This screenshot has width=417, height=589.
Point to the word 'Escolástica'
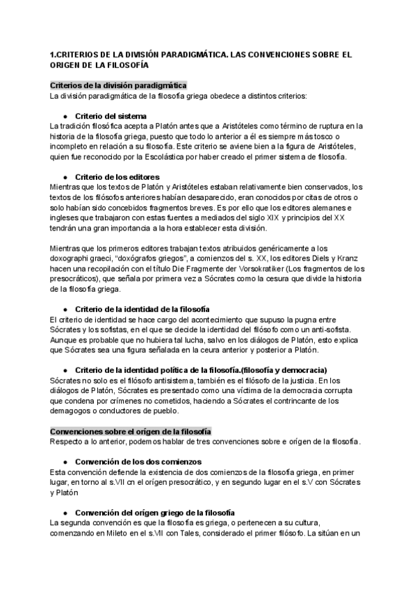click(x=179, y=156)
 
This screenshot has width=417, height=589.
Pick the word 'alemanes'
click(x=334, y=208)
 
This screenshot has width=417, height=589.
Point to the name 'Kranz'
click(x=348, y=258)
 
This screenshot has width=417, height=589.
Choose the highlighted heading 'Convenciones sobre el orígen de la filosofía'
click(x=131, y=431)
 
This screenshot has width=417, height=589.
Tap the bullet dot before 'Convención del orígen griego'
click(x=65, y=513)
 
